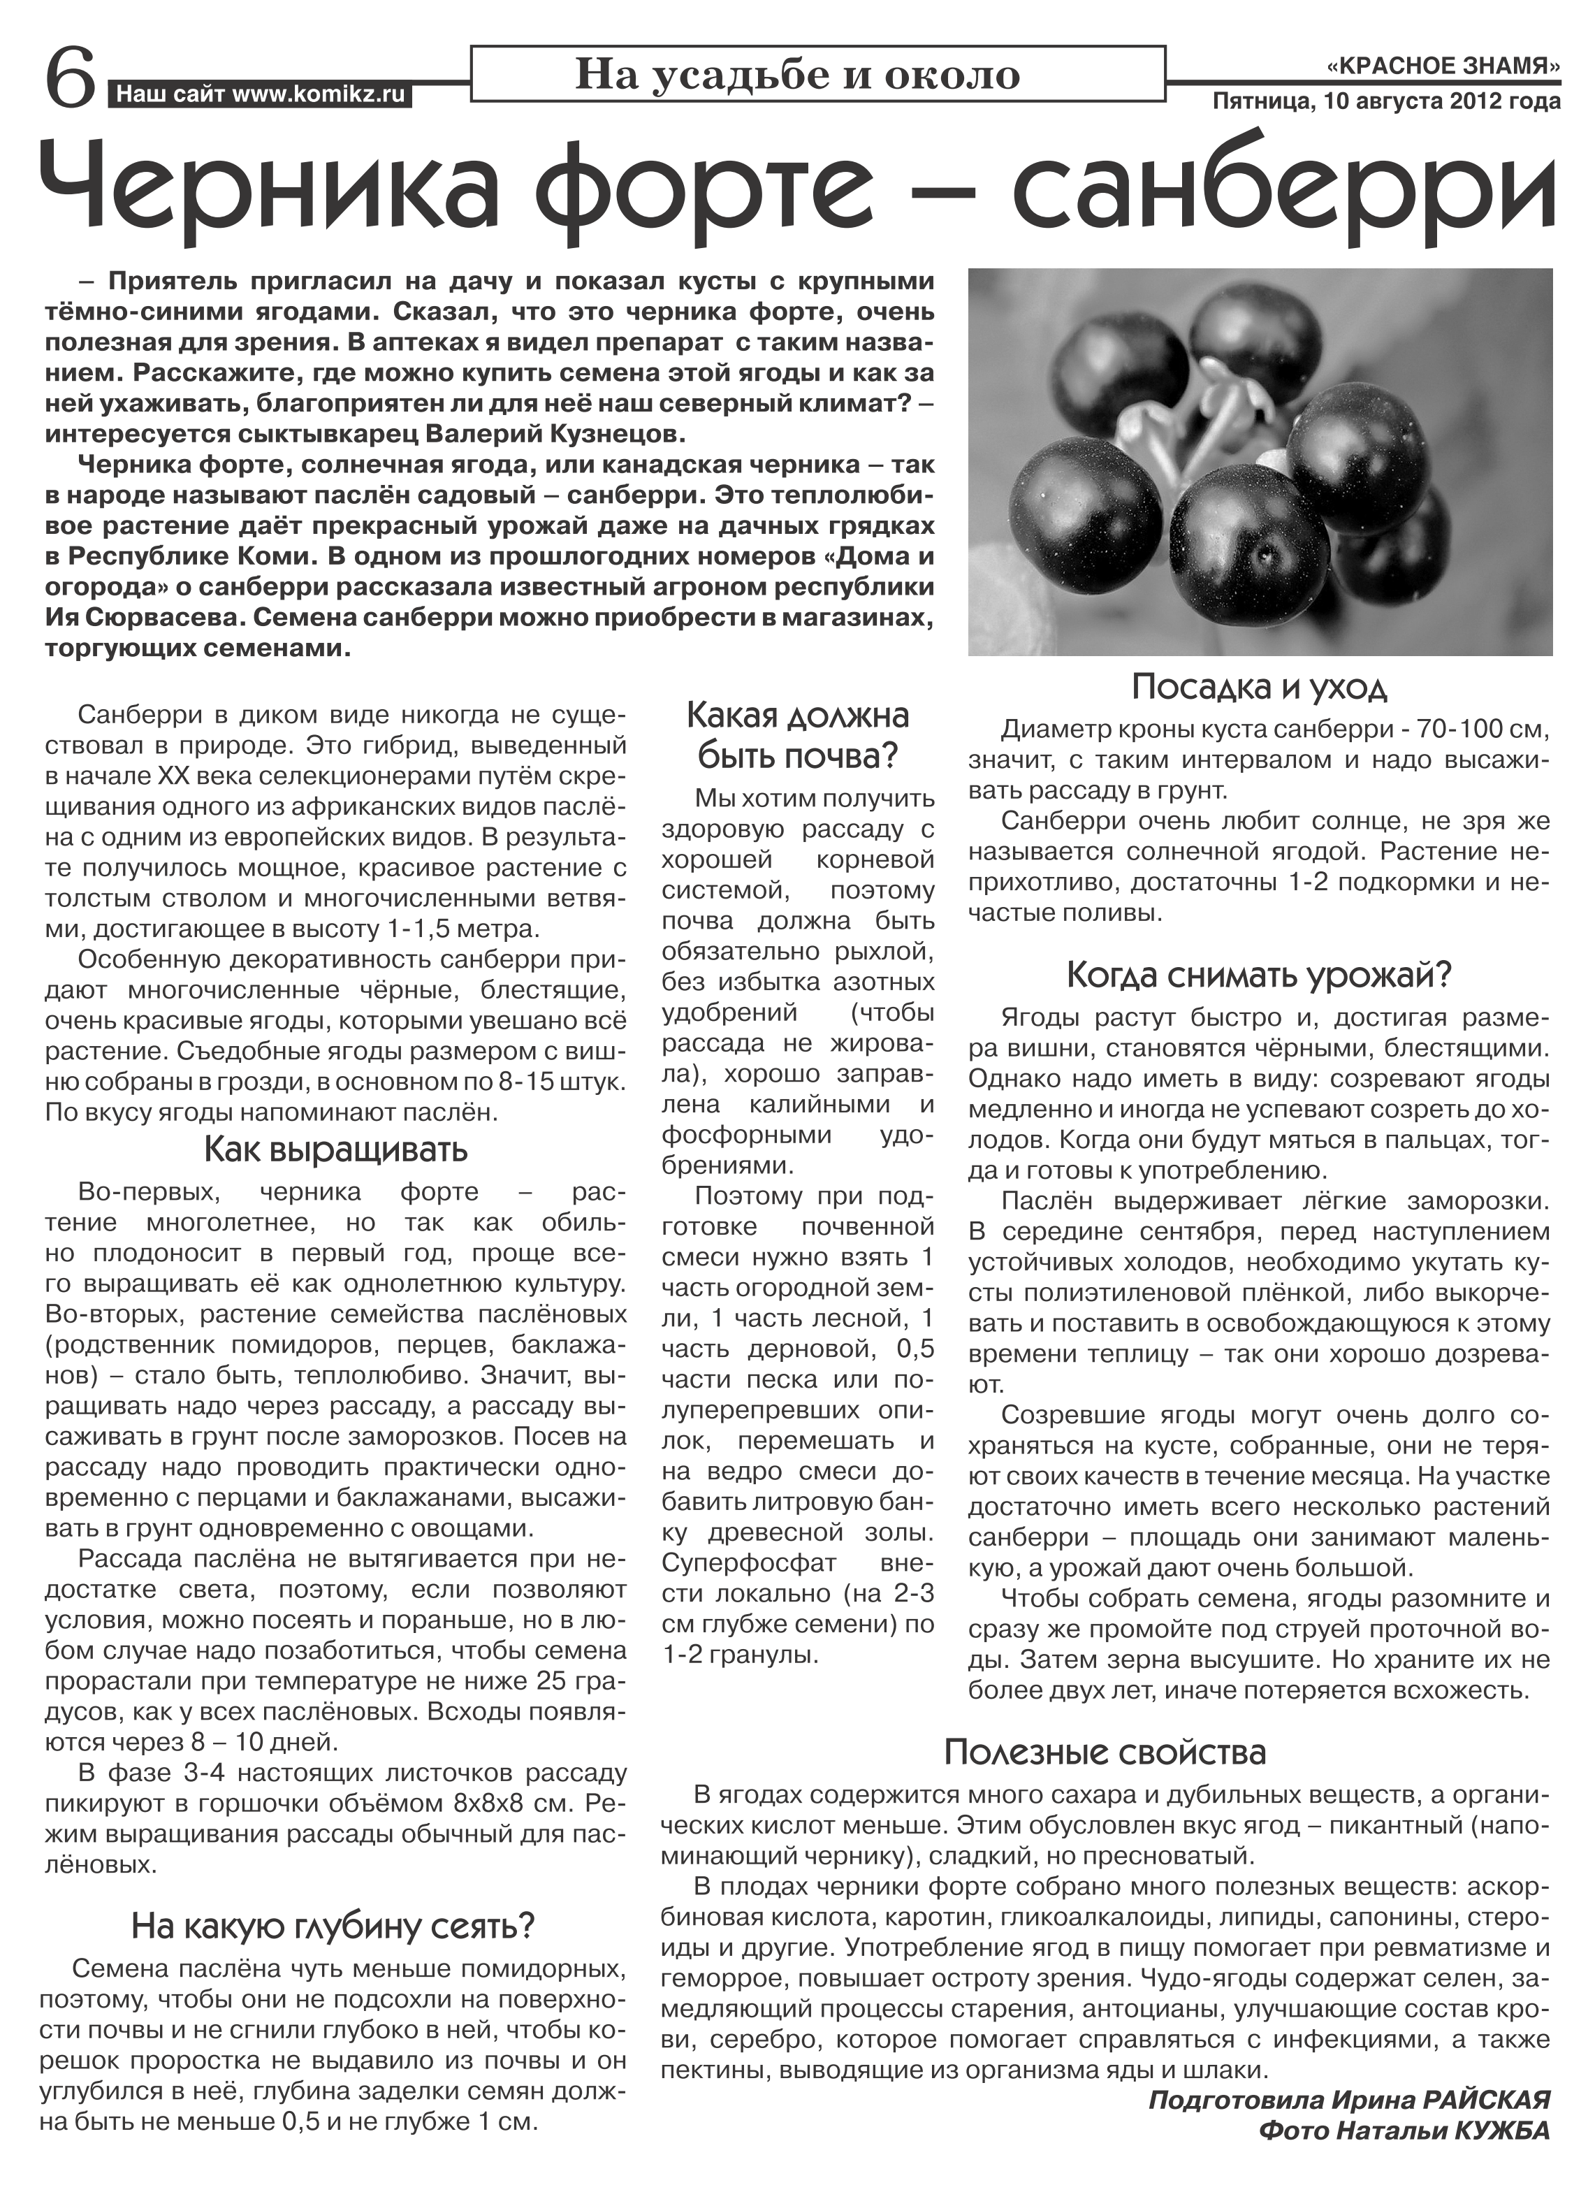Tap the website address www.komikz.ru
(319, 95)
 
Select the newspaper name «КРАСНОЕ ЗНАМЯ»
(1444, 66)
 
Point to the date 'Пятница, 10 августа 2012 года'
(1387, 101)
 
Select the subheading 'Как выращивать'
(335, 1150)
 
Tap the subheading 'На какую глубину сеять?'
(333, 1899)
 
